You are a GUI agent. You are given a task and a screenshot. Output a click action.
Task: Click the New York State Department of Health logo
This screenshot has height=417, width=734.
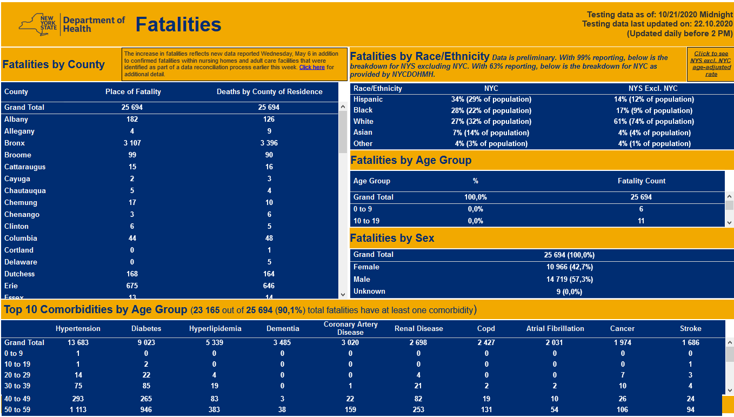click(x=72, y=24)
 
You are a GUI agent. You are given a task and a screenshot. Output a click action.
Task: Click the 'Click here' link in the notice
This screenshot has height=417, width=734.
click(x=312, y=68)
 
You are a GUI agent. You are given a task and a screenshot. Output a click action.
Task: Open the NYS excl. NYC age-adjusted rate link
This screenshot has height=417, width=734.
click(x=711, y=64)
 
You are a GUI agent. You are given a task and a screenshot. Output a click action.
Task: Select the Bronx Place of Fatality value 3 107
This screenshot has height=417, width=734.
click(x=132, y=143)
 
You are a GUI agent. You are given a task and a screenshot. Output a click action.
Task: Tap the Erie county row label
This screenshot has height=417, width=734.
click(x=11, y=286)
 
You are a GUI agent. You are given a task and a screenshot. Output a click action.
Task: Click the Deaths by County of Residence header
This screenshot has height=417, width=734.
click(x=269, y=92)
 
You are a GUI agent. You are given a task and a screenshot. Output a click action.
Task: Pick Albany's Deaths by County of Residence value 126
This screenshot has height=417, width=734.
click(x=269, y=120)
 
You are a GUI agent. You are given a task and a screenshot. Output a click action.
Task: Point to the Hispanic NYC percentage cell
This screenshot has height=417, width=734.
click(x=491, y=100)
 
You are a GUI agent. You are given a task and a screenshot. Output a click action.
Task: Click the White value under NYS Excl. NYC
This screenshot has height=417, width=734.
click(x=653, y=122)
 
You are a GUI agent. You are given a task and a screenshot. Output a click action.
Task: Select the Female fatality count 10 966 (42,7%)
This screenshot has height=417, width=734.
click(x=569, y=267)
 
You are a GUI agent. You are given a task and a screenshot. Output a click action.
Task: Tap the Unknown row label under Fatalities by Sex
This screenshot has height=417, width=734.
click(x=369, y=292)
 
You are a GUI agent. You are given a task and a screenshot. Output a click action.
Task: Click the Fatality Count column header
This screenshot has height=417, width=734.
click(x=641, y=181)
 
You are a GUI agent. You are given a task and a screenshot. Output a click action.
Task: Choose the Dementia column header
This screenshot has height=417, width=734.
click(x=283, y=329)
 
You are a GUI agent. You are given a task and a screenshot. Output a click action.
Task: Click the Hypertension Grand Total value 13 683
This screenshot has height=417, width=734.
click(x=78, y=343)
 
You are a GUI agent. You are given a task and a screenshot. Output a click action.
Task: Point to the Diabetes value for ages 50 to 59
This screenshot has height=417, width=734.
click(x=146, y=410)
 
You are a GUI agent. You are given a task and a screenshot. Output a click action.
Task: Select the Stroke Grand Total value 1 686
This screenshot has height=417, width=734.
click(x=690, y=343)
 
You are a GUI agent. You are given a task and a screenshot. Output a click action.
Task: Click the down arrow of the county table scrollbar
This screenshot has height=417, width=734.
click(x=343, y=294)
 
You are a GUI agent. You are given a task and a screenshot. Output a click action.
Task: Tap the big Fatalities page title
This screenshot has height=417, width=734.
click(x=178, y=24)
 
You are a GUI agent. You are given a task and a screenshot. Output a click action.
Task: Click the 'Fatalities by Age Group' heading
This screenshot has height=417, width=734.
click(x=411, y=161)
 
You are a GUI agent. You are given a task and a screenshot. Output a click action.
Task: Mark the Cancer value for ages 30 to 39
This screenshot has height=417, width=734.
click(x=623, y=386)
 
